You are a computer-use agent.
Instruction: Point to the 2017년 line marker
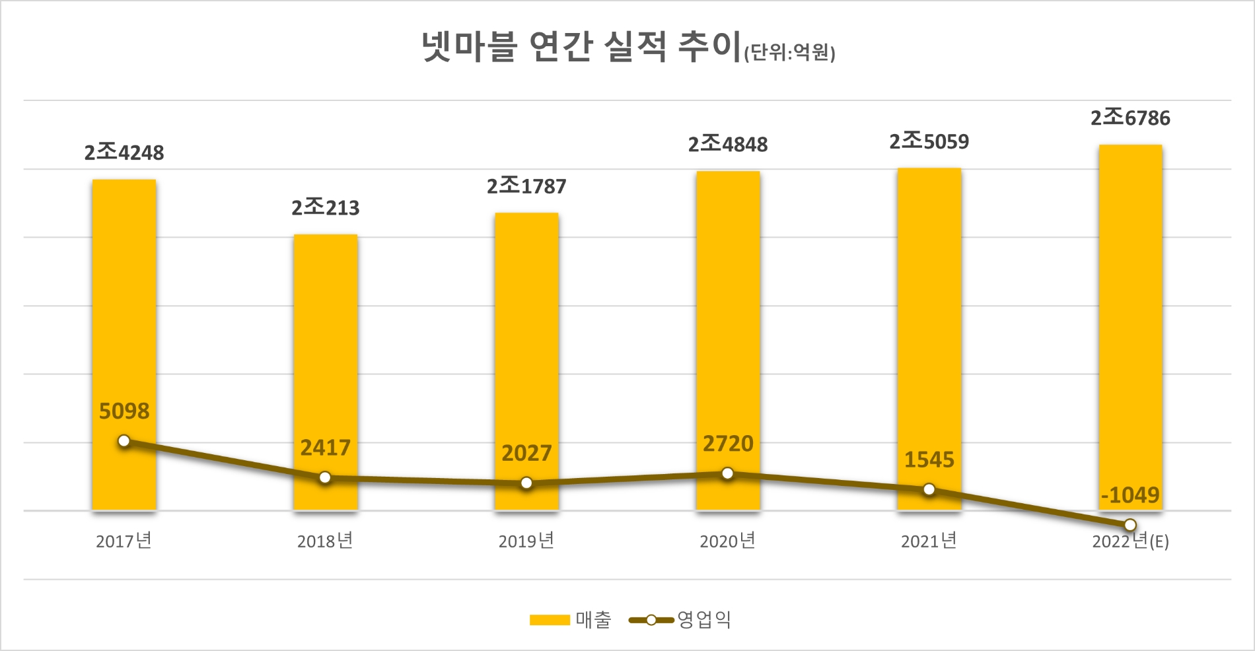(x=124, y=441)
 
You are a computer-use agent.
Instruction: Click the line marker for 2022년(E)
(x=1130, y=525)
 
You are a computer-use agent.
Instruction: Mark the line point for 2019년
(x=526, y=483)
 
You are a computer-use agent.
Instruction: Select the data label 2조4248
(x=124, y=153)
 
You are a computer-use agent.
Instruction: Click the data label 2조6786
(x=1130, y=118)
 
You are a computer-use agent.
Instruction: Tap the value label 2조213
(x=326, y=208)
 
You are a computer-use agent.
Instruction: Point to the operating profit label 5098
(x=124, y=411)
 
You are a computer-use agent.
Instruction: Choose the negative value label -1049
(x=1130, y=495)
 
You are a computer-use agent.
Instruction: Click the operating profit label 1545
(x=929, y=460)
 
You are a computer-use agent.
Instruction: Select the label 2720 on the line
(x=728, y=444)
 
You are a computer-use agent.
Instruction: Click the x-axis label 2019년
(x=526, y=541)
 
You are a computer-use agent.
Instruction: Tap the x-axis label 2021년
(x=929, y=541)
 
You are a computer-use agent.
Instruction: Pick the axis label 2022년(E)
(x=1130, y=541)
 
